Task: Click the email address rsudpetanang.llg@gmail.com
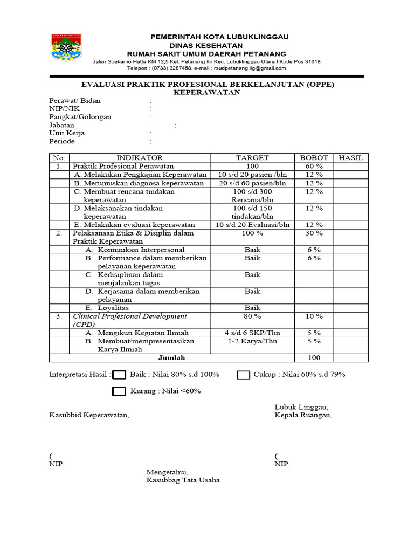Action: (250, 68)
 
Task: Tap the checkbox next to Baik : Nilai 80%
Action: (120, 375)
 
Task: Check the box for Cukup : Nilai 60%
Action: (244, 375)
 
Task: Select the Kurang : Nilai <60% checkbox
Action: (120, 391)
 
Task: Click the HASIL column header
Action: (351, 158)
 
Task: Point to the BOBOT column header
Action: (314, 158)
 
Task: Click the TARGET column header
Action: (252, 158)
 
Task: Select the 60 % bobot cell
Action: (314, 166)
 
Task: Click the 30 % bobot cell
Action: (314, 233)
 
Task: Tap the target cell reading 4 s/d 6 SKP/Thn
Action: (252, 333)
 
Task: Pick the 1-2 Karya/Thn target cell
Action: (252, 341)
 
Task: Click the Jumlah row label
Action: (171, 357)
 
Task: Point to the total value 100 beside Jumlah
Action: (314, 357)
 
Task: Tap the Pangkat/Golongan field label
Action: (80, 117)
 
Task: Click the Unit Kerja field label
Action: (67, 133)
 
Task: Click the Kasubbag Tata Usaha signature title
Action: (183, 480)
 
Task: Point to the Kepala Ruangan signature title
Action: (303, 415)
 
